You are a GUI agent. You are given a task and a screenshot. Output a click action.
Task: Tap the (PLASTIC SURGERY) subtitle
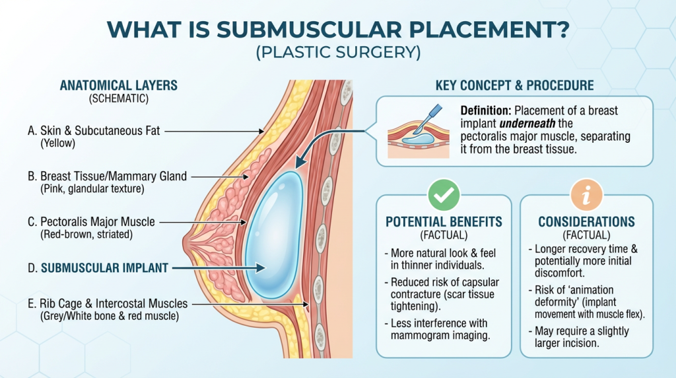338,54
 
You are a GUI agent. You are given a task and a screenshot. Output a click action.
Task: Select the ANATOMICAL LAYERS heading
119,86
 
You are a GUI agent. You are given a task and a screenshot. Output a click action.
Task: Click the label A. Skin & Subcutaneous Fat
94,132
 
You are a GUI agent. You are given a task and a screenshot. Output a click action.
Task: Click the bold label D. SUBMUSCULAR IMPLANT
104,268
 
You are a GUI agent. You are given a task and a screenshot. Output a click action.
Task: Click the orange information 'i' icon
586,196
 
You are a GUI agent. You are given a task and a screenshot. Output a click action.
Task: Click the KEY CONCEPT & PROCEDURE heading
514,86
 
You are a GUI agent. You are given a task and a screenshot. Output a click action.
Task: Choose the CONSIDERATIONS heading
586,222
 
